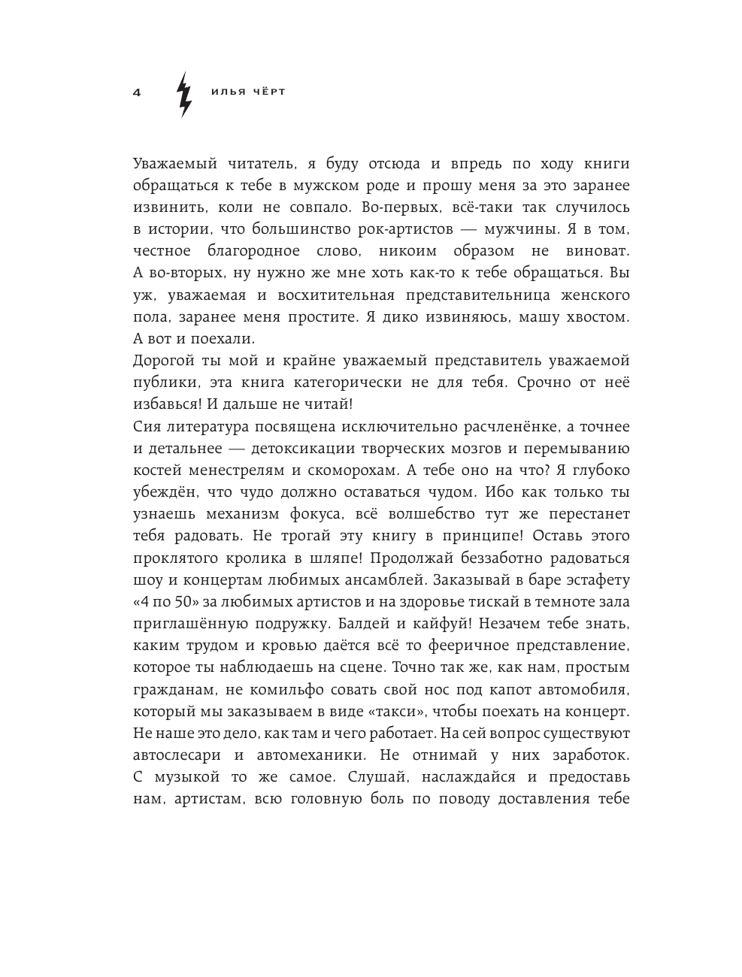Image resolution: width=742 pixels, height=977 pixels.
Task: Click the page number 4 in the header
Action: [x=137, y=92]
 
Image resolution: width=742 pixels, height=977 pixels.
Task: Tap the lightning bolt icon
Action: [x=183, y=94]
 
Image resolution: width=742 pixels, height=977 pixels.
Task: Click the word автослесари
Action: [x=178, y=755]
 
